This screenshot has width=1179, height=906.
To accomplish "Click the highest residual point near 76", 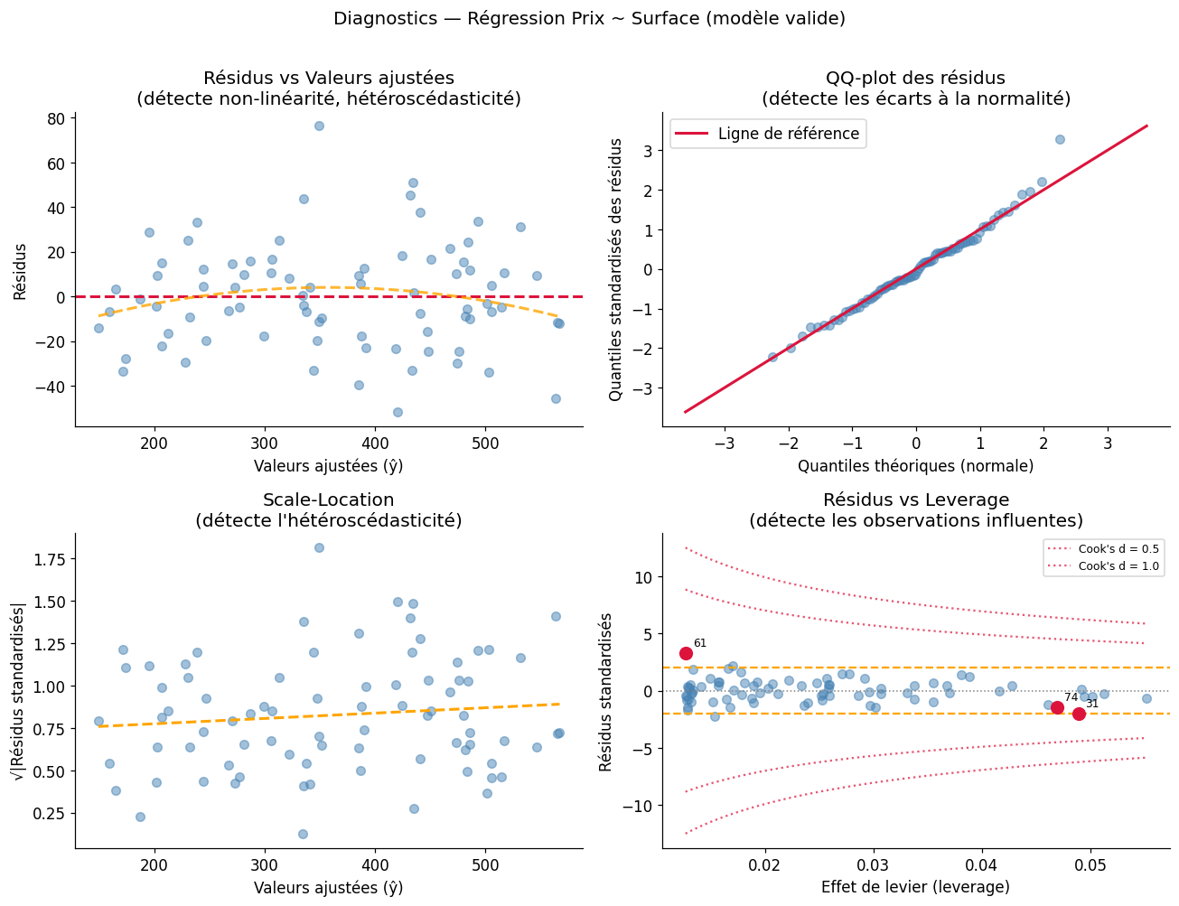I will [319, 126].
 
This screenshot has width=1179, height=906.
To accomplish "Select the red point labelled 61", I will [686, 653].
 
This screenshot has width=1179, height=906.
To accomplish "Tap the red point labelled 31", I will [1079, 714].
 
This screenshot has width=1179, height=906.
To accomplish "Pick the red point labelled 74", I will [1057, 707].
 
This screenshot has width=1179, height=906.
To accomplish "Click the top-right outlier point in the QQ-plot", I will [1060, 139].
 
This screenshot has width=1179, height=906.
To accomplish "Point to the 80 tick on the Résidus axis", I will [58, 118].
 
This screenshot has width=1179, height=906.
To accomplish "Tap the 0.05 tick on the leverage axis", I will [1090, 864].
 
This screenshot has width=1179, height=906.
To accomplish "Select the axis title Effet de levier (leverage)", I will [915, 887].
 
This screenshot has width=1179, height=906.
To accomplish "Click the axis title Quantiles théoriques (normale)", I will [915, 466].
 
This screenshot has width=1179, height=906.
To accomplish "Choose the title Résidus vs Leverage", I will [915, 500].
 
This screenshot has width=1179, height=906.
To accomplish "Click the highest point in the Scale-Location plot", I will [319, 547].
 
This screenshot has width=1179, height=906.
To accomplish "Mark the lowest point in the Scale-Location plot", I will [303, 834].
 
